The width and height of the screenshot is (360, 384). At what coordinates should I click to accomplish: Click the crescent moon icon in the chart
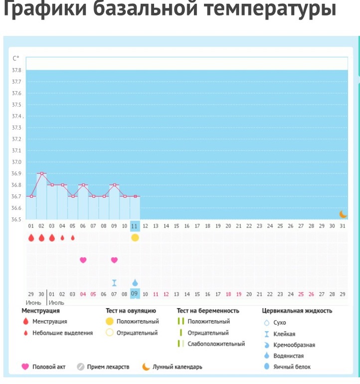(x=343, y=214)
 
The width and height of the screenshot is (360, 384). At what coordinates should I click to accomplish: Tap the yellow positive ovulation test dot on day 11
(x=135, y=237)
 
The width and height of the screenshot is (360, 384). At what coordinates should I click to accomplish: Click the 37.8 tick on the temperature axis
(x=16, y=70)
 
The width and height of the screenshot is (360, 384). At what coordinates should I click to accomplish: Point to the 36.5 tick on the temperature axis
(x=16, y=219)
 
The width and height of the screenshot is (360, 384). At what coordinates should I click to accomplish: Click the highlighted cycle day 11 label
(x=135, y=226)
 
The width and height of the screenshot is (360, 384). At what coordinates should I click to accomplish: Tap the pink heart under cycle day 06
(x=83, y=260)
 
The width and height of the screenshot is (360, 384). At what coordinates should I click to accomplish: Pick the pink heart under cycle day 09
(x=114, y=260)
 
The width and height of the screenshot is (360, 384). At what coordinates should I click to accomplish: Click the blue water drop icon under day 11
(x=135, y=283)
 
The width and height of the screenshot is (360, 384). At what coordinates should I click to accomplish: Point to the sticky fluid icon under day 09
(x=114, y=283)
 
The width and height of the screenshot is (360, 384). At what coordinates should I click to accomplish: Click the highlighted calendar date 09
(x=135, y=294)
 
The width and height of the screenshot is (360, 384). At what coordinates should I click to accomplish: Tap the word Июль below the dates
(x=56, y=303)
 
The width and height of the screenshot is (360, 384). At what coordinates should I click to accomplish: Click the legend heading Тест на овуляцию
(x=131, y=311)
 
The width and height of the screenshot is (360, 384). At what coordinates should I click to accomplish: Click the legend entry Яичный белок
(x=292, y=367)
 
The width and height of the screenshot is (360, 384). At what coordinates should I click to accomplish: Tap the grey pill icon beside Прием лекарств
(x=80, y=367)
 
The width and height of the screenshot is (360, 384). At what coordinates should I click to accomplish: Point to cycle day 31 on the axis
(x=342, y=226)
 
